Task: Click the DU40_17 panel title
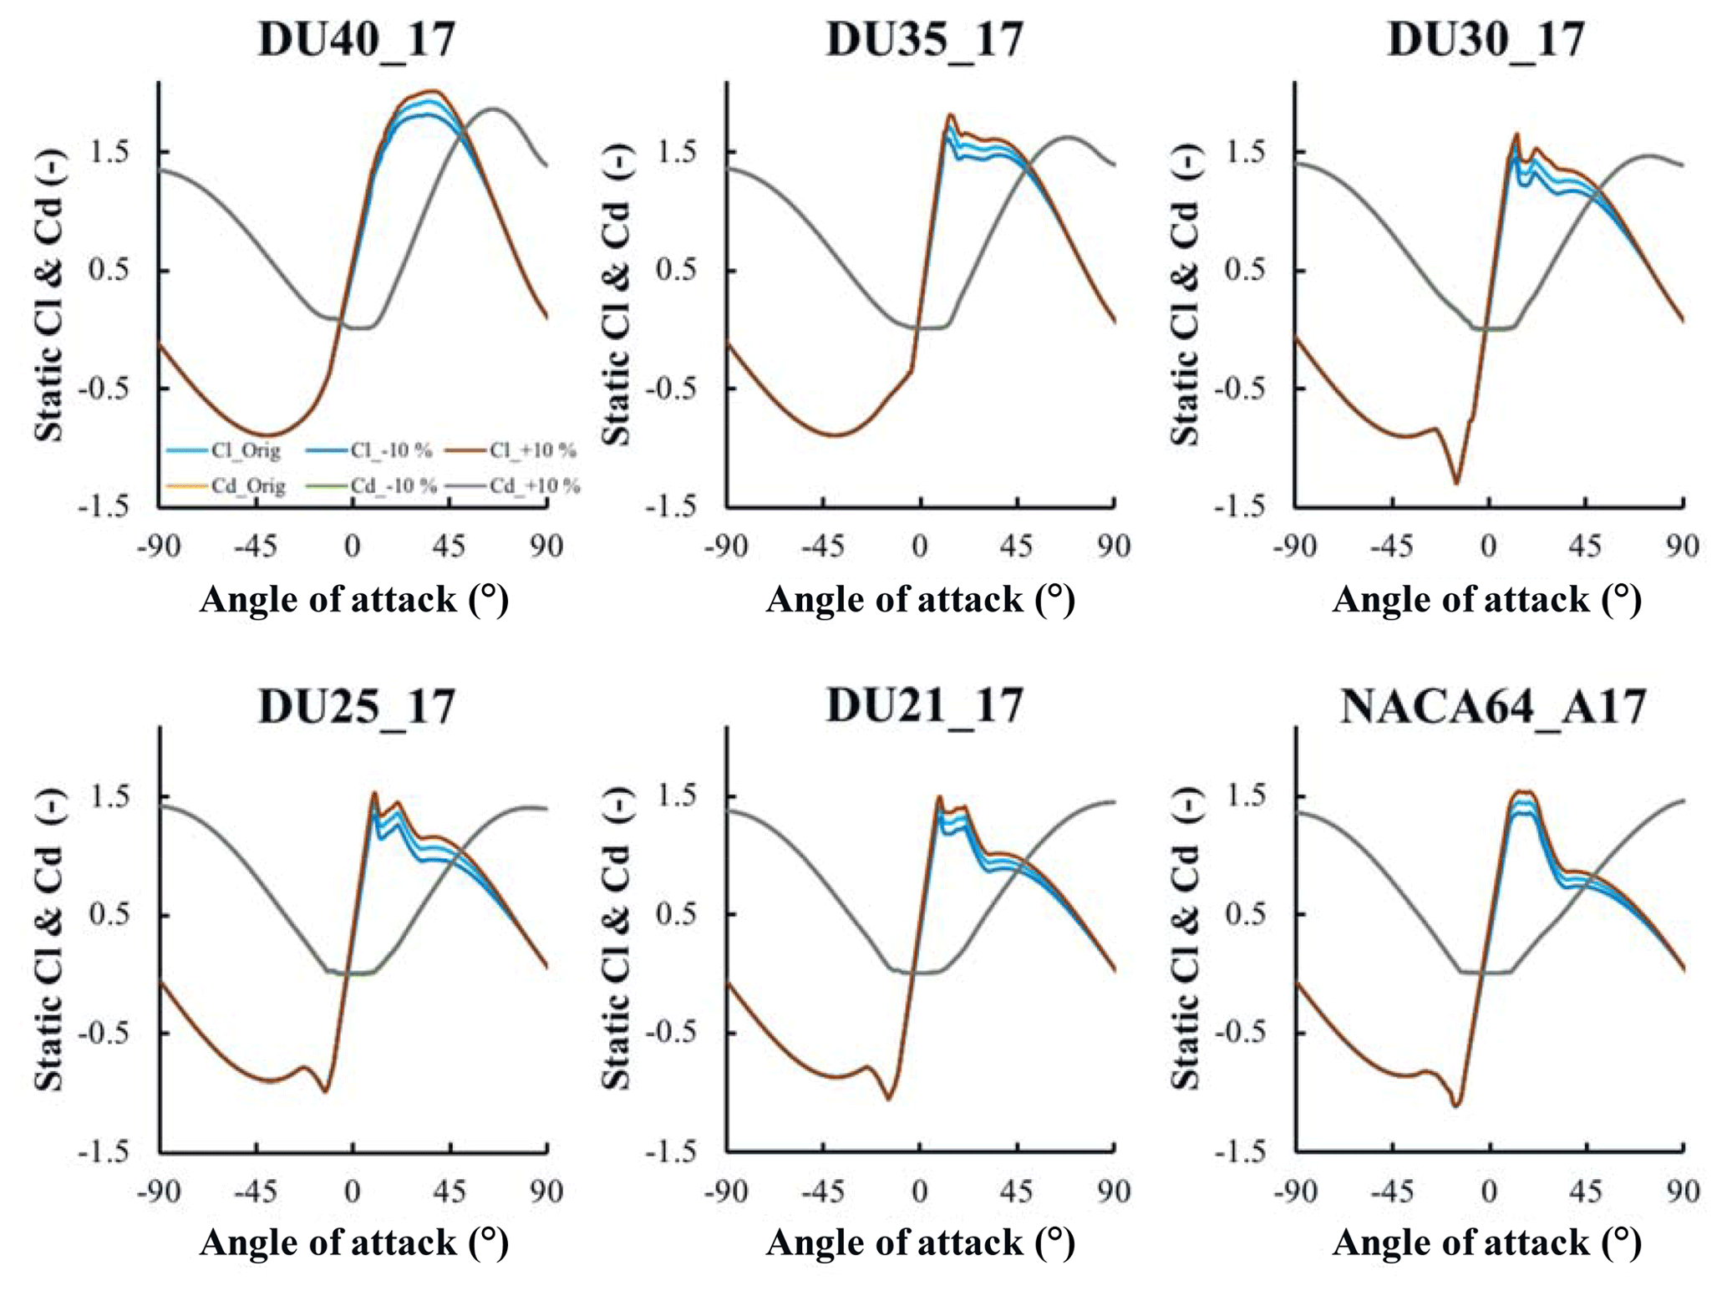pyautogui.click(x=357, y=39)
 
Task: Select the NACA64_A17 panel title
pyautogui.click(x=1492, y=707)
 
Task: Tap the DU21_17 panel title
pyautogui.click(x=924, y=707)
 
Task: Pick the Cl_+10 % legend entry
pyautogui.click(x=511, y=451)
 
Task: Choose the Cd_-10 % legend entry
pyautogui.click(x=371, y=486)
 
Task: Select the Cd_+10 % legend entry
pyautogui.click(x=513, y=486)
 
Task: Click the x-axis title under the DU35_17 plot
pyautogui.click(x=920, y=600)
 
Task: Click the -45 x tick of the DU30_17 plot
pyautogui.click(x=1391, y=546)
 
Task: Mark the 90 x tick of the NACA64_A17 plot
pyautogui.click(x=1682, y=1191)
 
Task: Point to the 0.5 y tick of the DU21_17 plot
pyautogui.click(x=678, y=914)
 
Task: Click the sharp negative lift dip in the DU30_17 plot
pyautogui.click(x=1456, y=482)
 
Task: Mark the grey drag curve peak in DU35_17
pyautogui.click(x=1067, y=136)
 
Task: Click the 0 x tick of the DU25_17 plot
pyautogui.click(x=353, y=1191)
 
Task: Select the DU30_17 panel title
pyautogui.click(x=1486, y=39)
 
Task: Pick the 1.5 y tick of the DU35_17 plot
pyautogui.click(x=678, y=152)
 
